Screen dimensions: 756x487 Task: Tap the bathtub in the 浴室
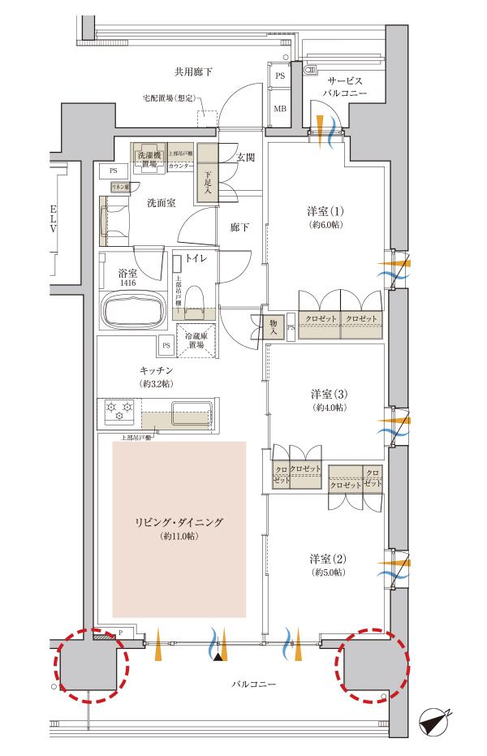134,309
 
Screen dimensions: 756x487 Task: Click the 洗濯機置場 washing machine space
149,158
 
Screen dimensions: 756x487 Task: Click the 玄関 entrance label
246,157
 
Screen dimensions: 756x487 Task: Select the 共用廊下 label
193,72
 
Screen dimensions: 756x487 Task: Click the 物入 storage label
274,326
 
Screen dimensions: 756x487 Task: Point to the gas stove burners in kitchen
119,411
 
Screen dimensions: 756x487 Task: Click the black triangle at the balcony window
217,656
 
